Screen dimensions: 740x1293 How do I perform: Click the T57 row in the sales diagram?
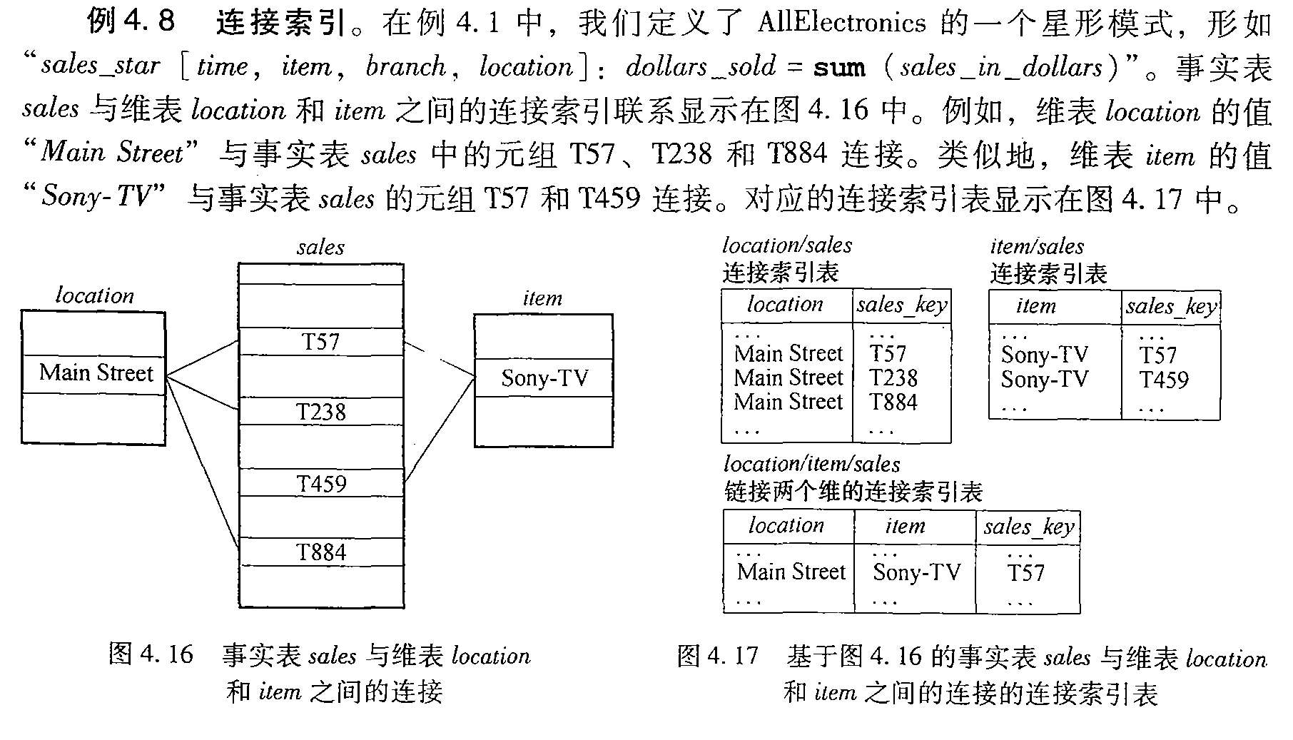[320, 342]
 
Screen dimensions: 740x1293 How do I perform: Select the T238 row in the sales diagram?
[320, 412]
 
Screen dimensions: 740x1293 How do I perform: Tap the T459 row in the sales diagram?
[321, 484]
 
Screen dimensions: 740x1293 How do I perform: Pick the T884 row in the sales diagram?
[321, 552]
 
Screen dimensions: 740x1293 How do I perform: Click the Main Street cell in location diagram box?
[95, 373]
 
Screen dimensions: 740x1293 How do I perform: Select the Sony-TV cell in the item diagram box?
[544, 378]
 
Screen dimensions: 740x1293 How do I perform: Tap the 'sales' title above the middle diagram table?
[320, 248]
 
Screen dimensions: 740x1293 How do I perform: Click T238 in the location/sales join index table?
[893, 378]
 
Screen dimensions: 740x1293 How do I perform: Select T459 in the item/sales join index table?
[1163, 380]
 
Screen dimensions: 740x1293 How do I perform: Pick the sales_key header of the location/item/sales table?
[1028, 527]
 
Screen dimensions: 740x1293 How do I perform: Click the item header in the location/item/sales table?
[905, 527]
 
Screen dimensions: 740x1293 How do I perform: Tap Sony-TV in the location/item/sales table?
[916, 572]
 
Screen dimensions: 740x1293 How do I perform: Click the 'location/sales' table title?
[786, 246]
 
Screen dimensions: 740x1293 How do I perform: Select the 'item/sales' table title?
[1036, 247]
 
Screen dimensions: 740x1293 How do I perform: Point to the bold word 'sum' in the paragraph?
[839, 69]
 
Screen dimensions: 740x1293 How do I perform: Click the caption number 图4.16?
[151, 654]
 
